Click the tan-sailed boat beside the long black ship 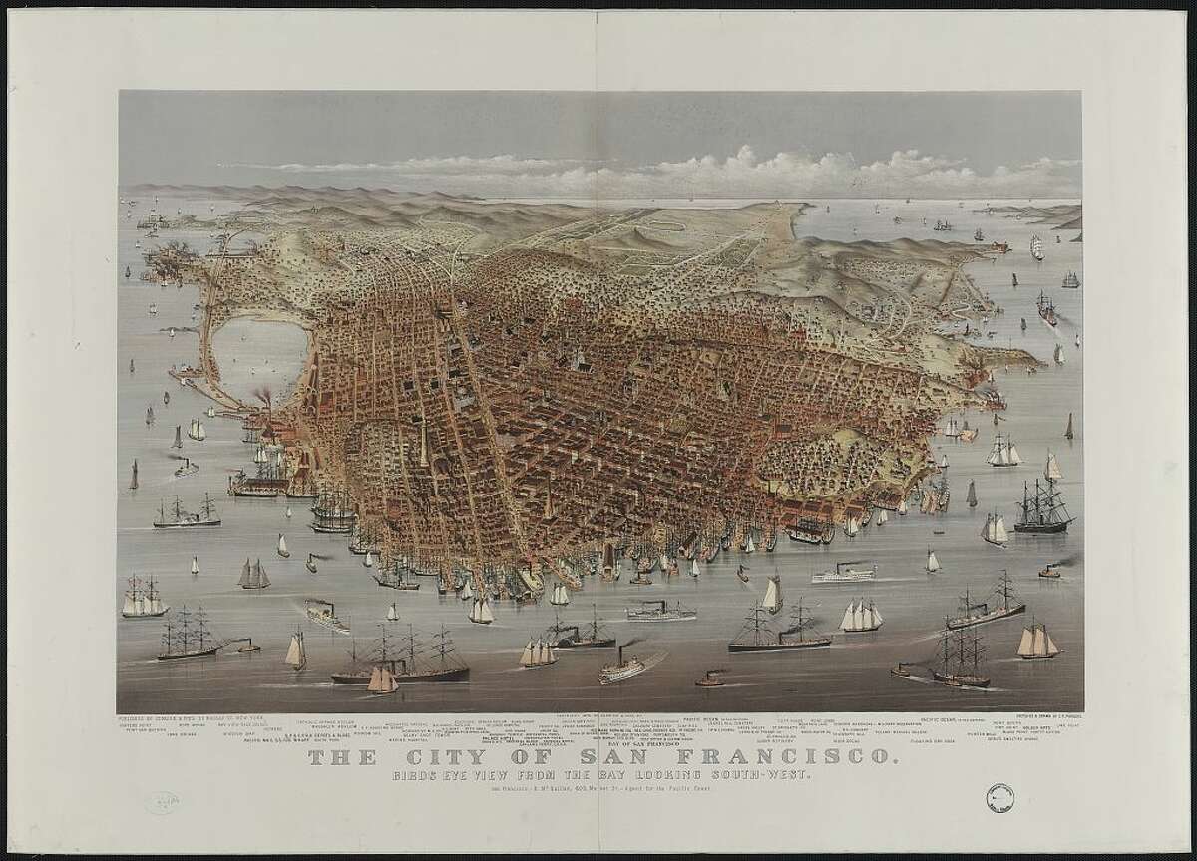[x=382, y=680]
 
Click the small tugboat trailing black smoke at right [x=1049, y=572]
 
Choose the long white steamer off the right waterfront [x=843, y=575]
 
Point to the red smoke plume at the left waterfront [x=264, y=397]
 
